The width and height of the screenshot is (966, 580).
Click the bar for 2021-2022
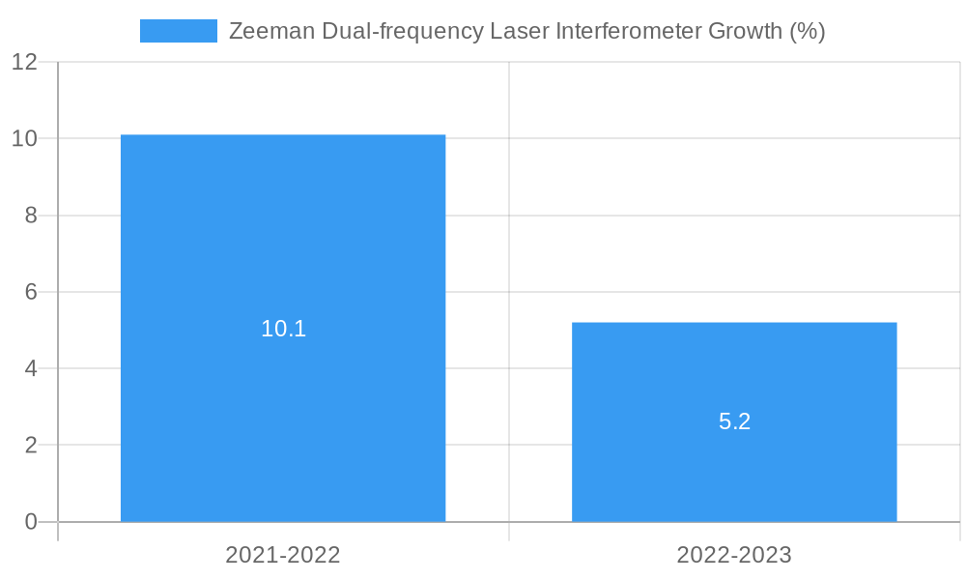(x=283, y=242)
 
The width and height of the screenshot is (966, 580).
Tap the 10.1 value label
(x=283, y=329)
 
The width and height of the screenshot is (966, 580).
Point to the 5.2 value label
(x=734, y=421)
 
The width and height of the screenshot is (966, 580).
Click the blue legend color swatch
(x=179, y=31)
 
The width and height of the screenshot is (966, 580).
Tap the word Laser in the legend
(x=519, y=31)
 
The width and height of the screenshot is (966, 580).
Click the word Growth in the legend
(x=745, y=31)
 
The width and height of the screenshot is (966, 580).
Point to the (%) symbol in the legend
(x=807, y=31)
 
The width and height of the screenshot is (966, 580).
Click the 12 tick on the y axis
(x=24, y=62)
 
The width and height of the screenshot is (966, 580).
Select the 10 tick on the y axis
(x=24, y=138)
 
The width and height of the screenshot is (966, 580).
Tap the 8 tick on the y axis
(x=31, y=216)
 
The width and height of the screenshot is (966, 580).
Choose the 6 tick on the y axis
(x=31, y=292)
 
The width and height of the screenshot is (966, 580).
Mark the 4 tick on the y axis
(x=31, y=368)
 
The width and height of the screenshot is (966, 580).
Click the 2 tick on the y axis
(x=31, y=446)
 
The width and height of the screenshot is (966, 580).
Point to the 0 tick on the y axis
(x=31, y=522)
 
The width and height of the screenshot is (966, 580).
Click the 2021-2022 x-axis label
(x=283, y=555)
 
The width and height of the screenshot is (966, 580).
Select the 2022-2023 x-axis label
(x=734, y=555)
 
